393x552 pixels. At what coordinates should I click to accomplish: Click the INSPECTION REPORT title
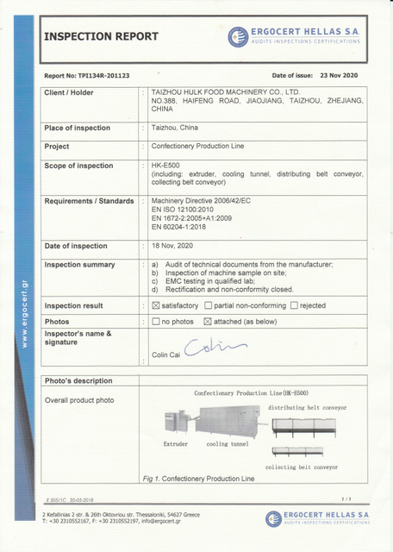[x=101, y=36]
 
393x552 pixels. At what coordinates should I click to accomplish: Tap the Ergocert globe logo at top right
[x=239, y=36]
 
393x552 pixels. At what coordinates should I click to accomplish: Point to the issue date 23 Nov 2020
[x=344, y=76]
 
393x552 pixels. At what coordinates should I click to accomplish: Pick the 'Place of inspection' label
[x=78, y=128]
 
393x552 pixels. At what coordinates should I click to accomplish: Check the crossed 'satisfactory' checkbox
[x=155, y=305]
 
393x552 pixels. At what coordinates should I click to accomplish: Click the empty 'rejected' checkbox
[x=294, y=305]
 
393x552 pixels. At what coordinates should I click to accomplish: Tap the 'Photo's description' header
[x=78, y=380]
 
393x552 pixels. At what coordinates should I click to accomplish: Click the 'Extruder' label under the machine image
[x=176, y=443]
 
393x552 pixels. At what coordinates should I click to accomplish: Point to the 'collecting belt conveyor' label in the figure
[x=302, y=467]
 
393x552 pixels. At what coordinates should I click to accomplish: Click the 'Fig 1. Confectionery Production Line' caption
[x=199, y=478]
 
